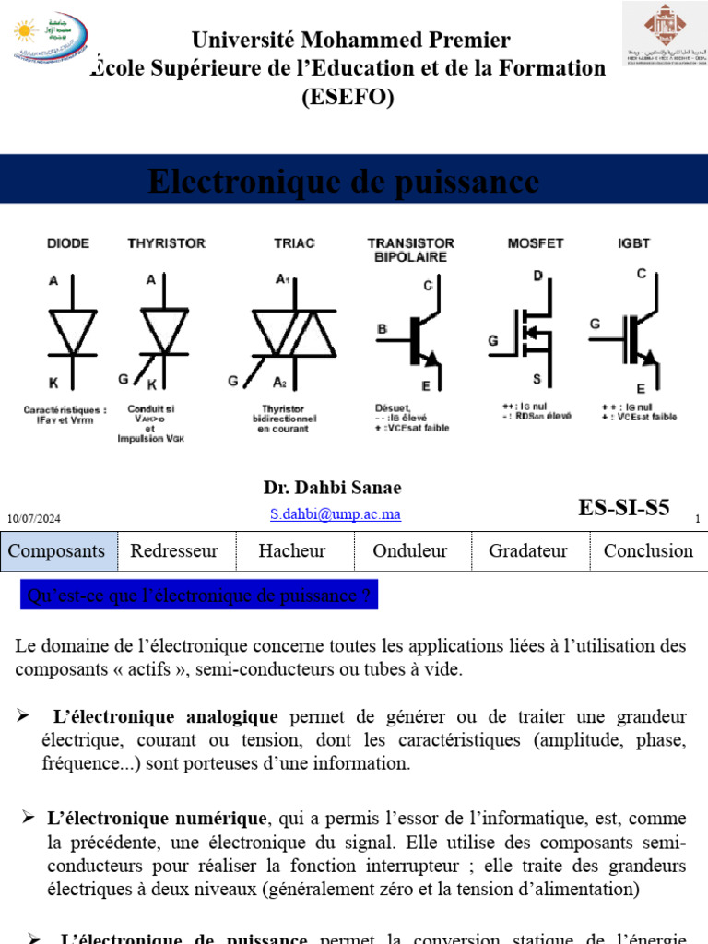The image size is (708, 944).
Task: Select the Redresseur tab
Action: [x=174, y=551]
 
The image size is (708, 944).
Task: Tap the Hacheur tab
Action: [x=292, y=551]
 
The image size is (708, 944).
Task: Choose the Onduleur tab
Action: [x=410, y=551]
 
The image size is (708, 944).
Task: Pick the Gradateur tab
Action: [x=528, y=551]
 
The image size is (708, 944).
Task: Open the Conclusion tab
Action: [x=648, y=551]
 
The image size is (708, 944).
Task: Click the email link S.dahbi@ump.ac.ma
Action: [x=336, y=514]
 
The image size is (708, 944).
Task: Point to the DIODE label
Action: [x=68, y=243]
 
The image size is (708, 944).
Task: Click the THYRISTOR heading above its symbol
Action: [x=166, y=243]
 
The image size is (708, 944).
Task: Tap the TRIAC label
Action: [x=294, y=243]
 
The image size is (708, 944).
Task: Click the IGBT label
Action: [x=633, y=243]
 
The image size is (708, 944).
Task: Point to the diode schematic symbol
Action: [x=71, y=330]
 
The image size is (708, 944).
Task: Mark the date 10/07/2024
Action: [x=35, y=520]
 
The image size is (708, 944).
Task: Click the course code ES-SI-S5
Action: [x=624, y=508]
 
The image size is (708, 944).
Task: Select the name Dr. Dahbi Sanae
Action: [x=332, y=488]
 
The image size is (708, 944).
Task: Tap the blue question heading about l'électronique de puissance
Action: [x=199, y=596]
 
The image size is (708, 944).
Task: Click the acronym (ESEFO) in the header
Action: [x=348, y=96]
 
